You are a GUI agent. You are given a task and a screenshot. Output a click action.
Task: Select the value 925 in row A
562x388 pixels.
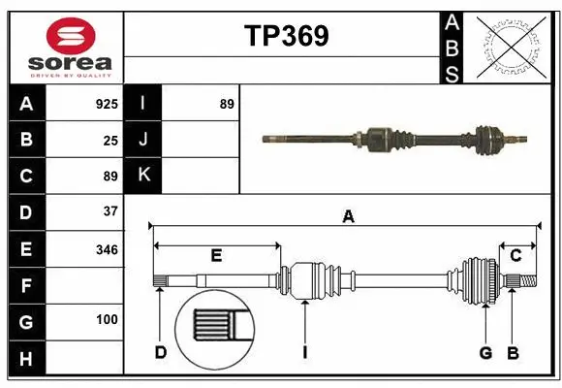(107, 104)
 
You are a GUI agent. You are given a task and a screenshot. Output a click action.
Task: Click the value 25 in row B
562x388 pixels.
(110, 141)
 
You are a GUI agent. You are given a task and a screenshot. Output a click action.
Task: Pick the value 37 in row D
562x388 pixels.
(110, 211)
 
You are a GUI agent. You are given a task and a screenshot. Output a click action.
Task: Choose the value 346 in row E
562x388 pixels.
(107, 249)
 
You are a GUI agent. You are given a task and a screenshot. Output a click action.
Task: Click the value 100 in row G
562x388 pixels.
(107, 319)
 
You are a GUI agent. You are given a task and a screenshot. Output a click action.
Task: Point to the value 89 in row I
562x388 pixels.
(227, 104)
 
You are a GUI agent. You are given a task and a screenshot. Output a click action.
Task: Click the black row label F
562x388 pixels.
(26, 286)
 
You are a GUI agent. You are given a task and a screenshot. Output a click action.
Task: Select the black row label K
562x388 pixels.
(143, 176)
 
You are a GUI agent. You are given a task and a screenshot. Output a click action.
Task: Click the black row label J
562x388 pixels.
(143, 140)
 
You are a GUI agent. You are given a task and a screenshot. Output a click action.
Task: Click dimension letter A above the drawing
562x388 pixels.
(348, 217)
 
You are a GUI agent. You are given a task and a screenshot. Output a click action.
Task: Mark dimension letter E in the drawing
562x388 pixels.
(216, 255)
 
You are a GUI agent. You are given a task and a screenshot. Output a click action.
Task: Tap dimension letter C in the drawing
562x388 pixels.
(516, 255)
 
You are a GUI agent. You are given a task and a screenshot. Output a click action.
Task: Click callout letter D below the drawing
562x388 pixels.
(161, 352)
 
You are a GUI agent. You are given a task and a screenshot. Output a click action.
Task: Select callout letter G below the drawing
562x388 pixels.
(485, 352)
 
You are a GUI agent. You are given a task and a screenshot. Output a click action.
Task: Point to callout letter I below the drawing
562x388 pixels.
(304, 352)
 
